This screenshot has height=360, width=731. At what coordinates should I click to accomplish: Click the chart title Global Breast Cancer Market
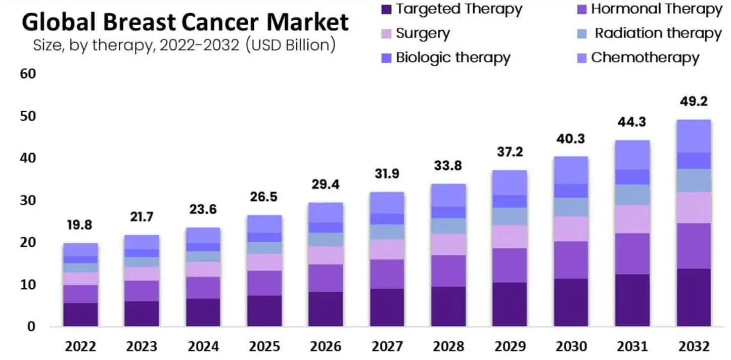coord(185,23)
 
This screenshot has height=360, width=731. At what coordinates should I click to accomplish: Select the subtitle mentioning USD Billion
coord(185,45)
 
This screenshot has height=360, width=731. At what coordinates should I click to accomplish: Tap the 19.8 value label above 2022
coord(80,226)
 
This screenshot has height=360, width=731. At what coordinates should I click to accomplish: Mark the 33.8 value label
coord(448,166)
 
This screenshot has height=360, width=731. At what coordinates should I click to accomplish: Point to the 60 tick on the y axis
coord(28,74)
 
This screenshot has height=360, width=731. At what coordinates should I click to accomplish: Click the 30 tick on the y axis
coord(28,200)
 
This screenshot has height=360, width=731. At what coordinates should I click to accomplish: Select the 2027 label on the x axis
coord(387,346)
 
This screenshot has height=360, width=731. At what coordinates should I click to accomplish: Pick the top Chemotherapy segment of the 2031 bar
coord(632,155)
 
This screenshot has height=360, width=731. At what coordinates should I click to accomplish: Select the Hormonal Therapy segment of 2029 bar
coord(510,265)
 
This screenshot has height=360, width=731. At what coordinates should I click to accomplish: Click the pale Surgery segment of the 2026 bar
coord(326,255)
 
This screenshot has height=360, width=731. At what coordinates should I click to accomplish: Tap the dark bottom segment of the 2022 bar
coord(80,314)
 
